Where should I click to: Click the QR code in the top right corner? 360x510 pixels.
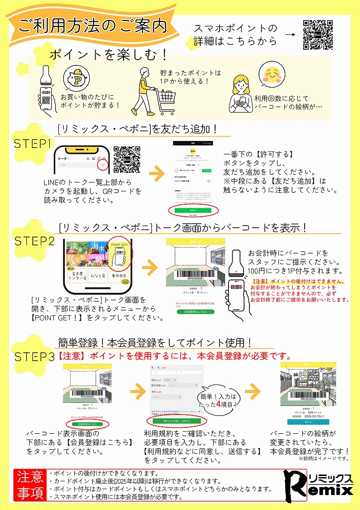pos(318,35)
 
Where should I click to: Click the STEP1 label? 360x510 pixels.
pos(33,144)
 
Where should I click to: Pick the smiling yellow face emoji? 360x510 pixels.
pos(273,74)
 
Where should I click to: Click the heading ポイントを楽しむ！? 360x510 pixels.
pos(108,54)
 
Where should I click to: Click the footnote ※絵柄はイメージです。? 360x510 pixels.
pos(324,459)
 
